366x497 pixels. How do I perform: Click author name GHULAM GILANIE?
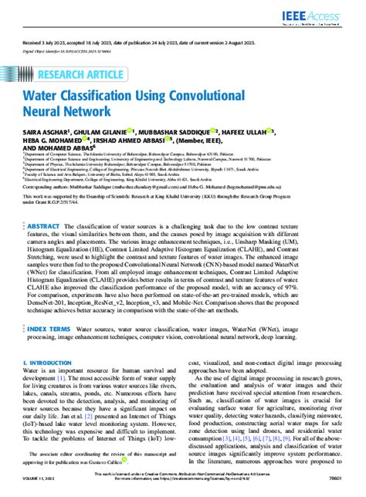pyautogui.click(x=99, y=132)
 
